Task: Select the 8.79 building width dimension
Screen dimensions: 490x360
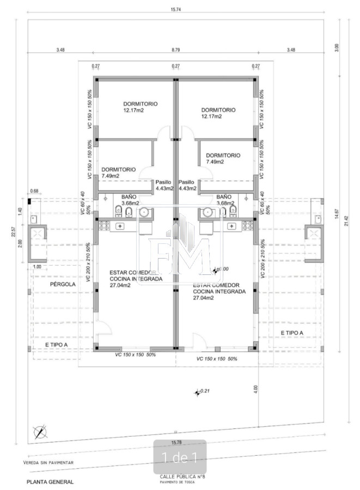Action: pos(175,50)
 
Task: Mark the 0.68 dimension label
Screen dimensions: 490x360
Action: pos(35,191)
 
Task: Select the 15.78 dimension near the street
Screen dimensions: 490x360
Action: pos(175,442)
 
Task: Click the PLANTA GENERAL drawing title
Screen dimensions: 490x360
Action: pos(50,482)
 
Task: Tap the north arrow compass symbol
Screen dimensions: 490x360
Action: pos(40,432)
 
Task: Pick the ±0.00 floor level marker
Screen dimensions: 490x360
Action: pos(221,269)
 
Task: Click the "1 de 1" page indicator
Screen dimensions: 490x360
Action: pos(180,457)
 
